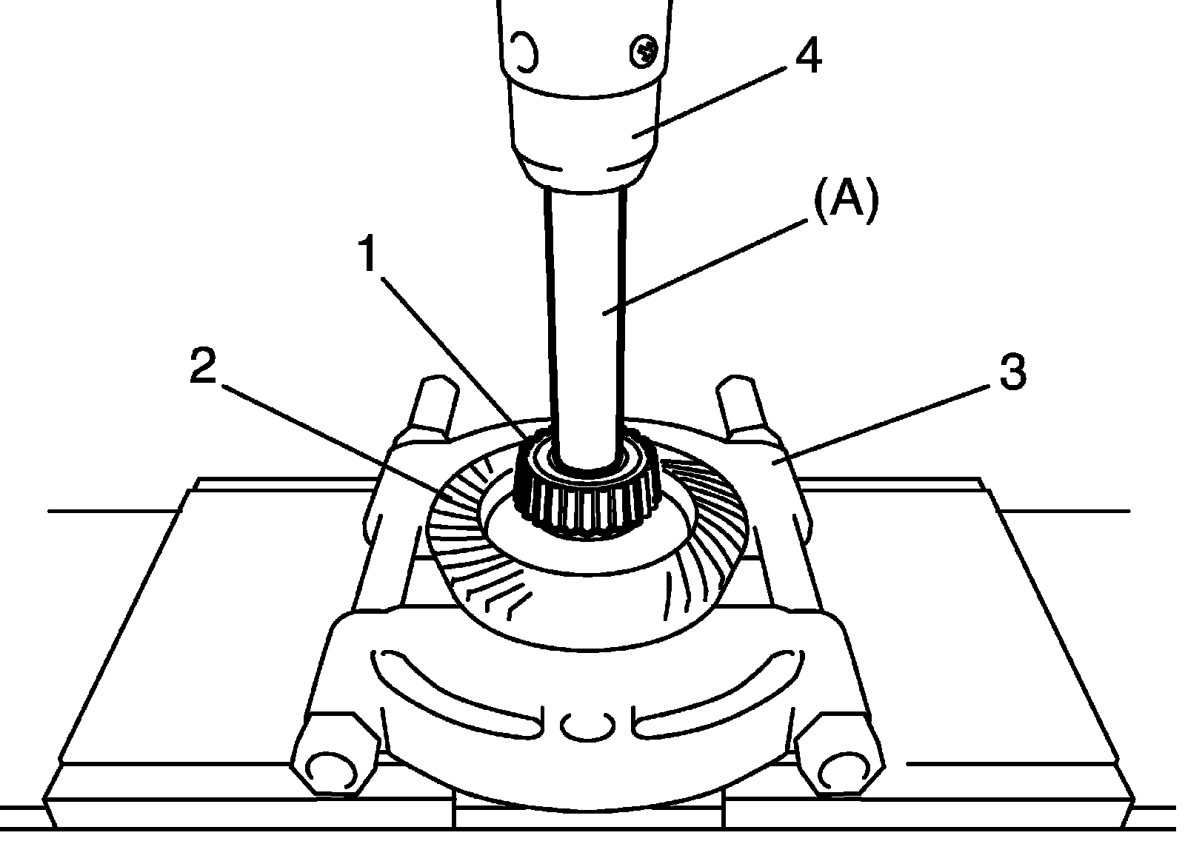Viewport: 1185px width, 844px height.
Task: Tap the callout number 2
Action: click(x=203, y=366)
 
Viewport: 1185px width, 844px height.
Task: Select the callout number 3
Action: click(x=1012, y=372)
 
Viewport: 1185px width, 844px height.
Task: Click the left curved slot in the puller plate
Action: click(x=452, y=689)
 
